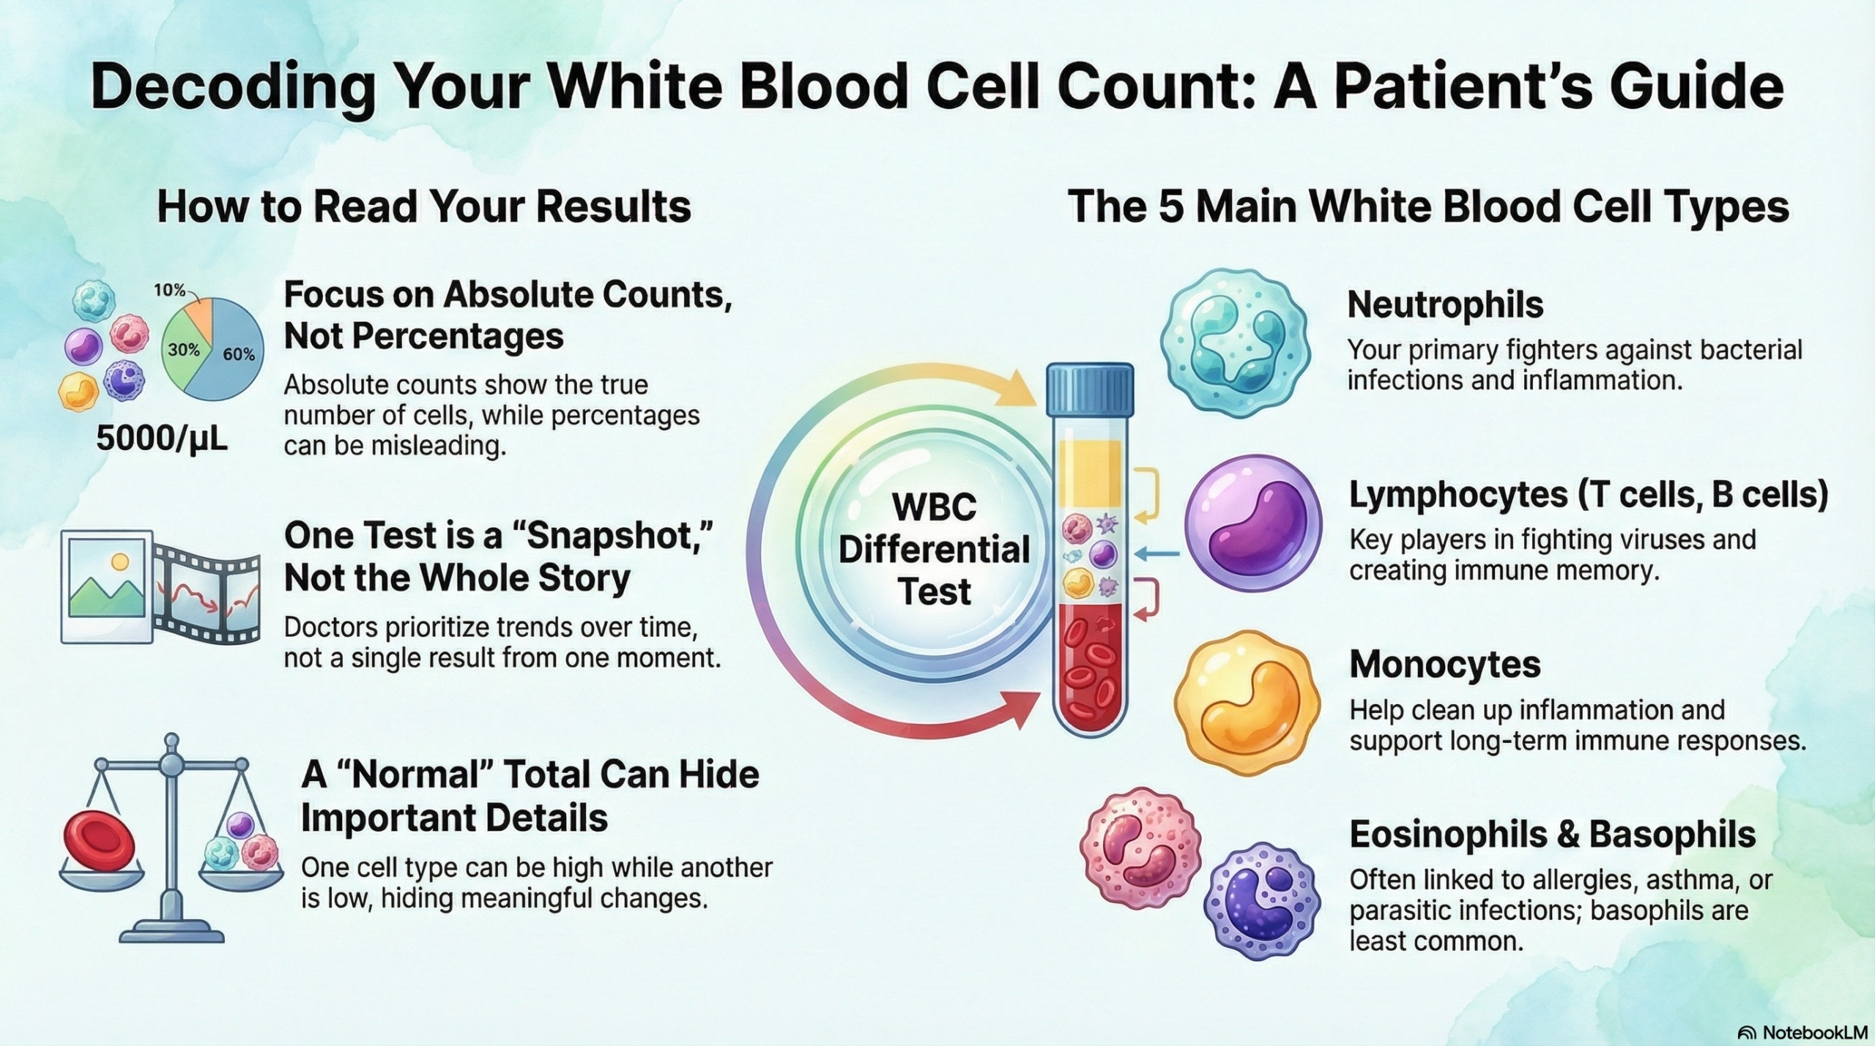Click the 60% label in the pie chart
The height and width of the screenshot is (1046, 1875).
(239, 354)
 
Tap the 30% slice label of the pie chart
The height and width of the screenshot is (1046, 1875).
(184, 350)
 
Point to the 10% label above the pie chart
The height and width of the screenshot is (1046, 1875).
(169, 291)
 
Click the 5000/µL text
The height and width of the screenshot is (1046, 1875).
(162, 439)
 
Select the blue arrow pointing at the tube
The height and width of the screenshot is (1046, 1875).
(1159, 554)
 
